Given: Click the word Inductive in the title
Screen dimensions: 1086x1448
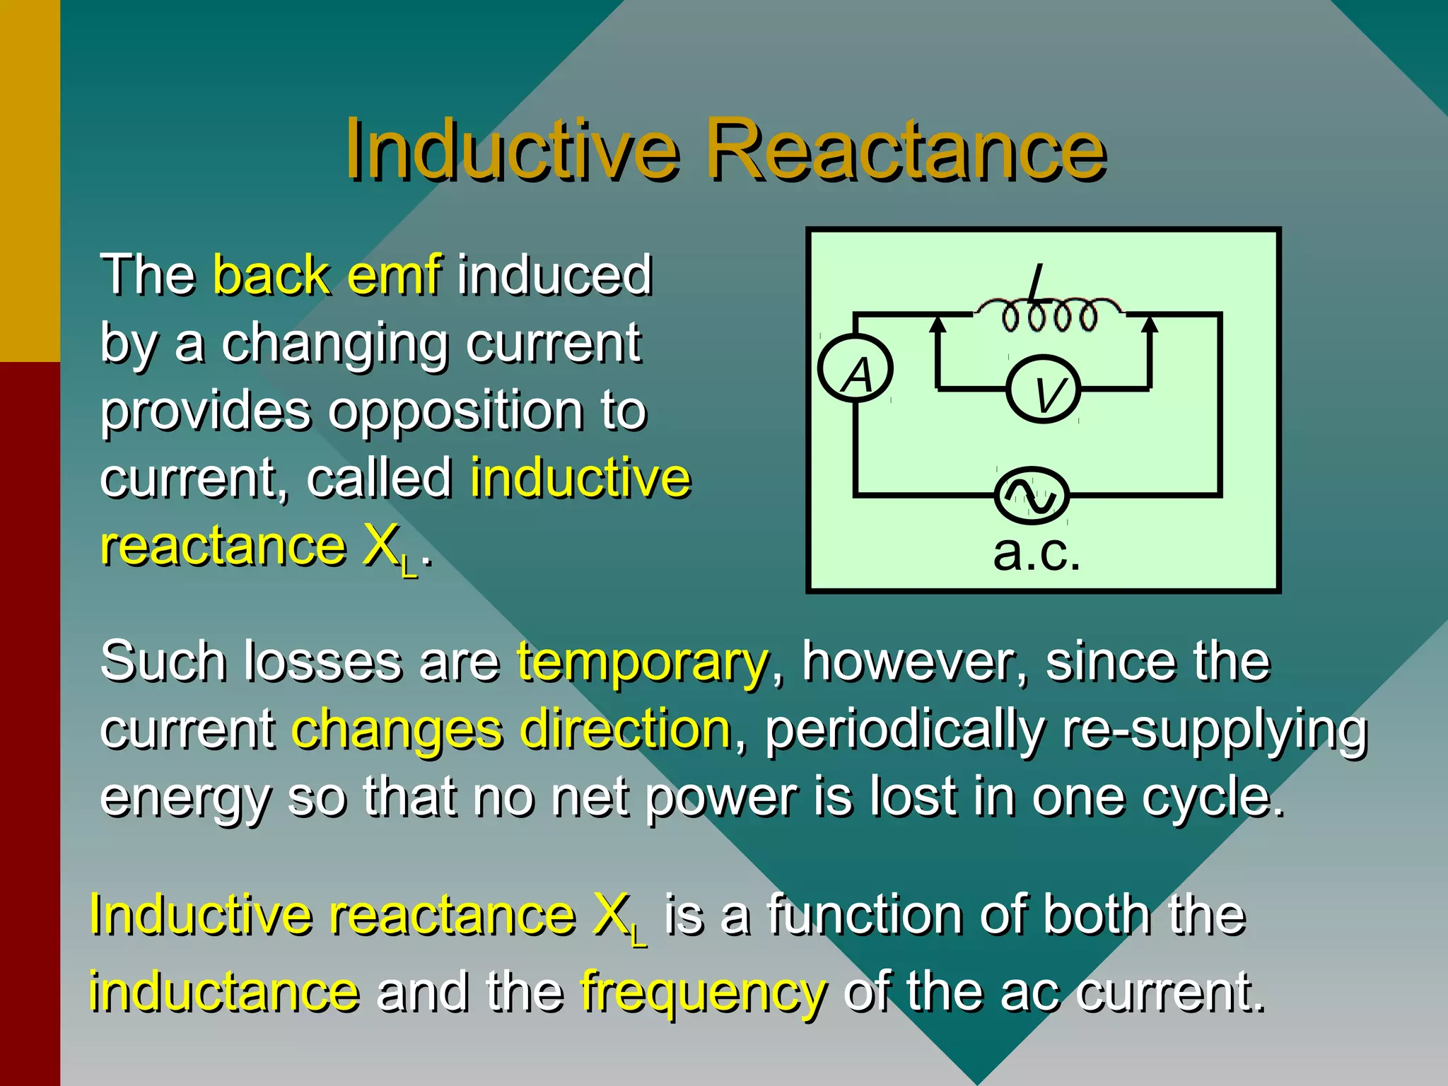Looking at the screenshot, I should coord(511,151).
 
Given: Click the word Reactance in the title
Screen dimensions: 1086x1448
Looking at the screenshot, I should coord(906,151).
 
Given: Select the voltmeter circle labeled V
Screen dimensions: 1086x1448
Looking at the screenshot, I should coord(1044,390).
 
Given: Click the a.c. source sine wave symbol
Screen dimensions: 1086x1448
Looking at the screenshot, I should coord(1032,496).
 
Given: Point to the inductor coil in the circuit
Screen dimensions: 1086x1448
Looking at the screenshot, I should coord(1050,315).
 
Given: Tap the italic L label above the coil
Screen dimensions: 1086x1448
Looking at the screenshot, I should coord(1037,284).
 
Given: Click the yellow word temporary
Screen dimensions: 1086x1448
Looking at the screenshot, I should coord(642,662).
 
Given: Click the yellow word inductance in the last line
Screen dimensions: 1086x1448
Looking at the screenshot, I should coord(223,992).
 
